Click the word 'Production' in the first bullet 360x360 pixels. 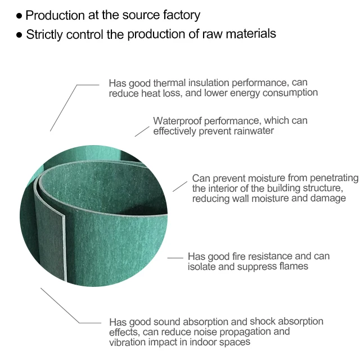point(53,16)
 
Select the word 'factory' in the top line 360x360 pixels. point(181,16)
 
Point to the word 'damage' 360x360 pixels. point(328,199)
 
